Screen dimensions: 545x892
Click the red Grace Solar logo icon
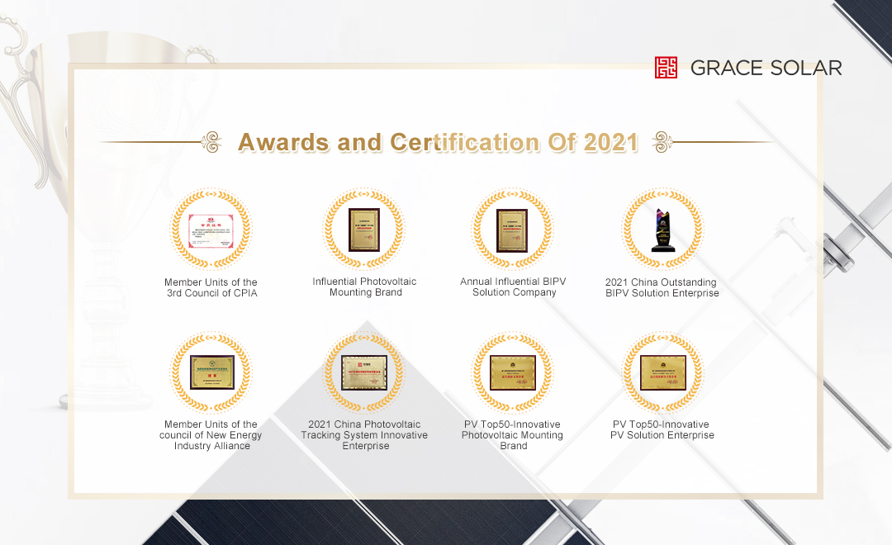pos(666,68)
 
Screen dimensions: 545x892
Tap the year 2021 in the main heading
pos(611,142)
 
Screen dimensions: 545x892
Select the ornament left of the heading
pos(212,142)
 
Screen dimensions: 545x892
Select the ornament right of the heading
pos(662,142)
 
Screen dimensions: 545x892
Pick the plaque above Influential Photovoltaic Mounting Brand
pos(364,230)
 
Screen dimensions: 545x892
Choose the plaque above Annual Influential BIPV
pos(513,230)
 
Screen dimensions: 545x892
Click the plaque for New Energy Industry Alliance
pos(211,372)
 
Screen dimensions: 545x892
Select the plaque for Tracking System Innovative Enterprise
pos(364,372)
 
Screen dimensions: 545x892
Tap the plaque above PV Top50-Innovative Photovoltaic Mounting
pos(513,372)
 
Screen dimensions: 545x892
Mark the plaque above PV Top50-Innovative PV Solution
pos(662,372)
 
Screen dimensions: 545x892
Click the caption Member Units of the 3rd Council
pos(211,287)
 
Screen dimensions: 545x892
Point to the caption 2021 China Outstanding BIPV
pos(662,287)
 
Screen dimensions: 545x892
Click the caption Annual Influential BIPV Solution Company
pos(513,287)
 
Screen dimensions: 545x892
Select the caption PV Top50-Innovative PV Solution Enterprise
pos(663,429)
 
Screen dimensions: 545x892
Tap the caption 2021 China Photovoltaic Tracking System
pos(364,435)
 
